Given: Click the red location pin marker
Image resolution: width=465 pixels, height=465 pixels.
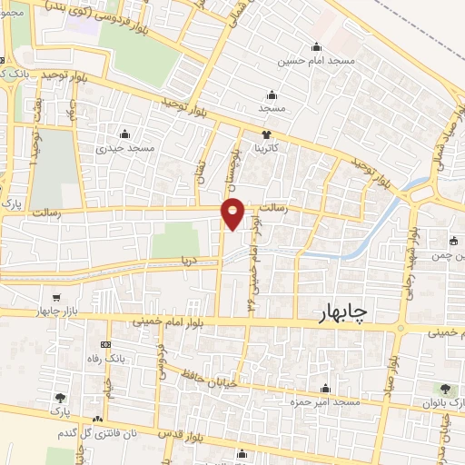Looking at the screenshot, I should (x=234, y=213).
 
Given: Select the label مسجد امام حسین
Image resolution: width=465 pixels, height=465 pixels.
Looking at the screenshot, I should (x=315, y=62).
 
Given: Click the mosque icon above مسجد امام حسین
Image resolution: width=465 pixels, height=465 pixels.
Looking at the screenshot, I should (x=316, y=48).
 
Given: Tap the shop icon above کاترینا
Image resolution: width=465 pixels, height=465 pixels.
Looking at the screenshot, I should (x=265, y=134).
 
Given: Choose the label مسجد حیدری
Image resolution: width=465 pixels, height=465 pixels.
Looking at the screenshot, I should (x=128, y=147).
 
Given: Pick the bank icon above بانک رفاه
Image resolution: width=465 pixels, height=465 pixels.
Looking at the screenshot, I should (x=105, y=345).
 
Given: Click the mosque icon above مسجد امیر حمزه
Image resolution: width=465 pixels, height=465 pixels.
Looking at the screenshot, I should (x=335, y=387).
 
